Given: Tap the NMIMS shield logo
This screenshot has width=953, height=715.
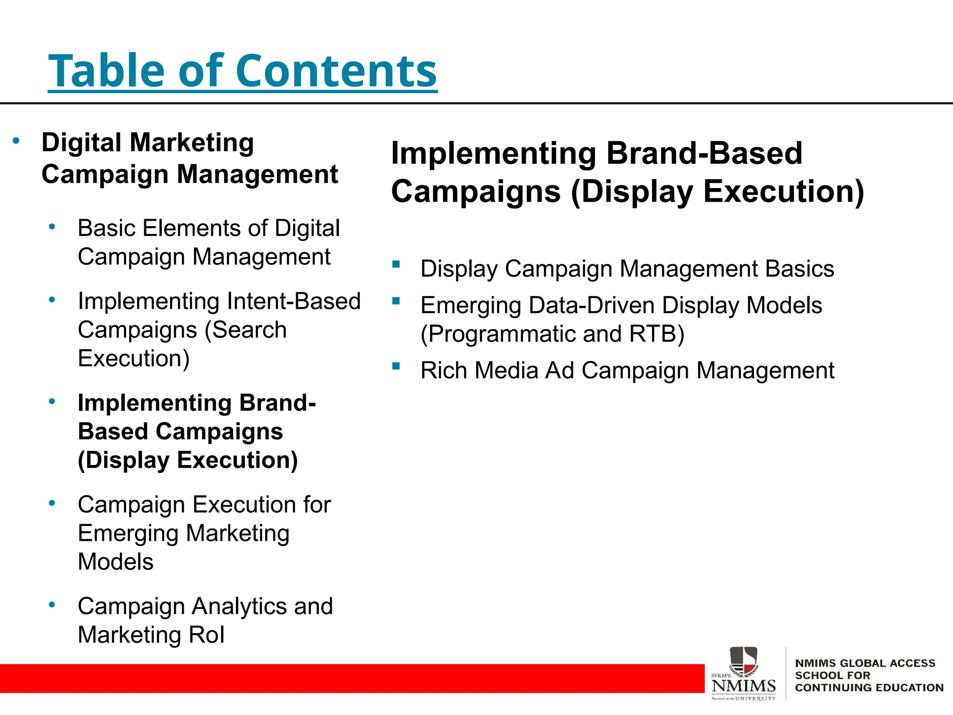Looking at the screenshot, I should (743, 661).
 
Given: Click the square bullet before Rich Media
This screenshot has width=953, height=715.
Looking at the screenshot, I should (396, 366).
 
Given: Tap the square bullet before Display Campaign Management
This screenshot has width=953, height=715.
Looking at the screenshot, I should (396, 264).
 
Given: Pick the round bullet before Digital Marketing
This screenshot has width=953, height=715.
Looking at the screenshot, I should (16, 140).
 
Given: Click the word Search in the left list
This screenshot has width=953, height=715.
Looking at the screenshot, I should (249, 330).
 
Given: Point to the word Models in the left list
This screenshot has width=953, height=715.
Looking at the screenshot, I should (115, 562).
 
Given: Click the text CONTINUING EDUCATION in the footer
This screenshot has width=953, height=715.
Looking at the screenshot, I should (869, 688).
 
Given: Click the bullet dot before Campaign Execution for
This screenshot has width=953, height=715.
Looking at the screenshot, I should (52, 503).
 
